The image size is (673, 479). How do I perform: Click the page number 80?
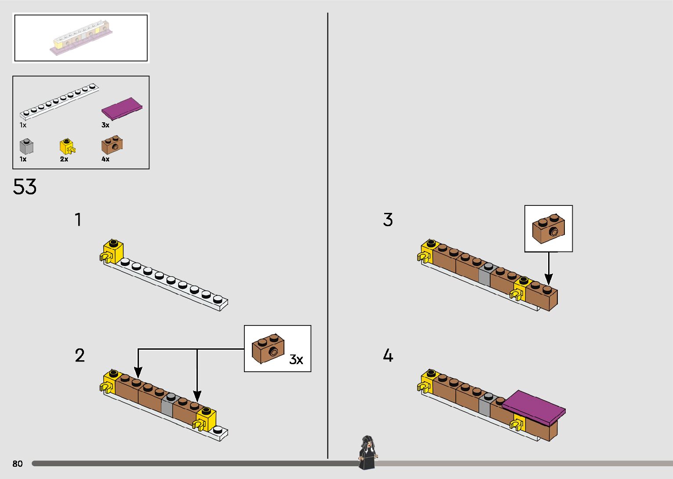(18, 463)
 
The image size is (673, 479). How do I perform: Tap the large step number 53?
(25, 187)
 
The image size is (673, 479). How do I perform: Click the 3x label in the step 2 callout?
(296, 359)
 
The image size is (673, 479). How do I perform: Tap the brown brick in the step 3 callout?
(548, 229)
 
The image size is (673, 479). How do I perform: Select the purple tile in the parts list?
(122, 109)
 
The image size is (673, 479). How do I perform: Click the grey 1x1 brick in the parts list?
(26, 146)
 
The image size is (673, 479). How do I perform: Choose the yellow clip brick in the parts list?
(67, 146)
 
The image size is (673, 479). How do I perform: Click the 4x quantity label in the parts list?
(105, 159)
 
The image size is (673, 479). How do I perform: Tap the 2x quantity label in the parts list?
(64, 159)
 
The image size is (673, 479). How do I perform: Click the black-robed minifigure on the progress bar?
(368, 453)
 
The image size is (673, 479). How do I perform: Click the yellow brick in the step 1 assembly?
(112, 252)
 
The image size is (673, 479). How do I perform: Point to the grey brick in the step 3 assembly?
(484, 274)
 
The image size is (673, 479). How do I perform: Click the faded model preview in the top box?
(81, 37)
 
